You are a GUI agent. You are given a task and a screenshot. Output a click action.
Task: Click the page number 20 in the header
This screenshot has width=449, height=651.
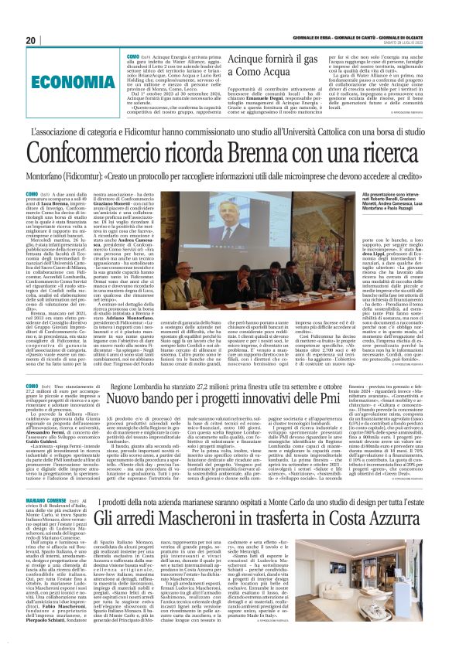32,40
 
